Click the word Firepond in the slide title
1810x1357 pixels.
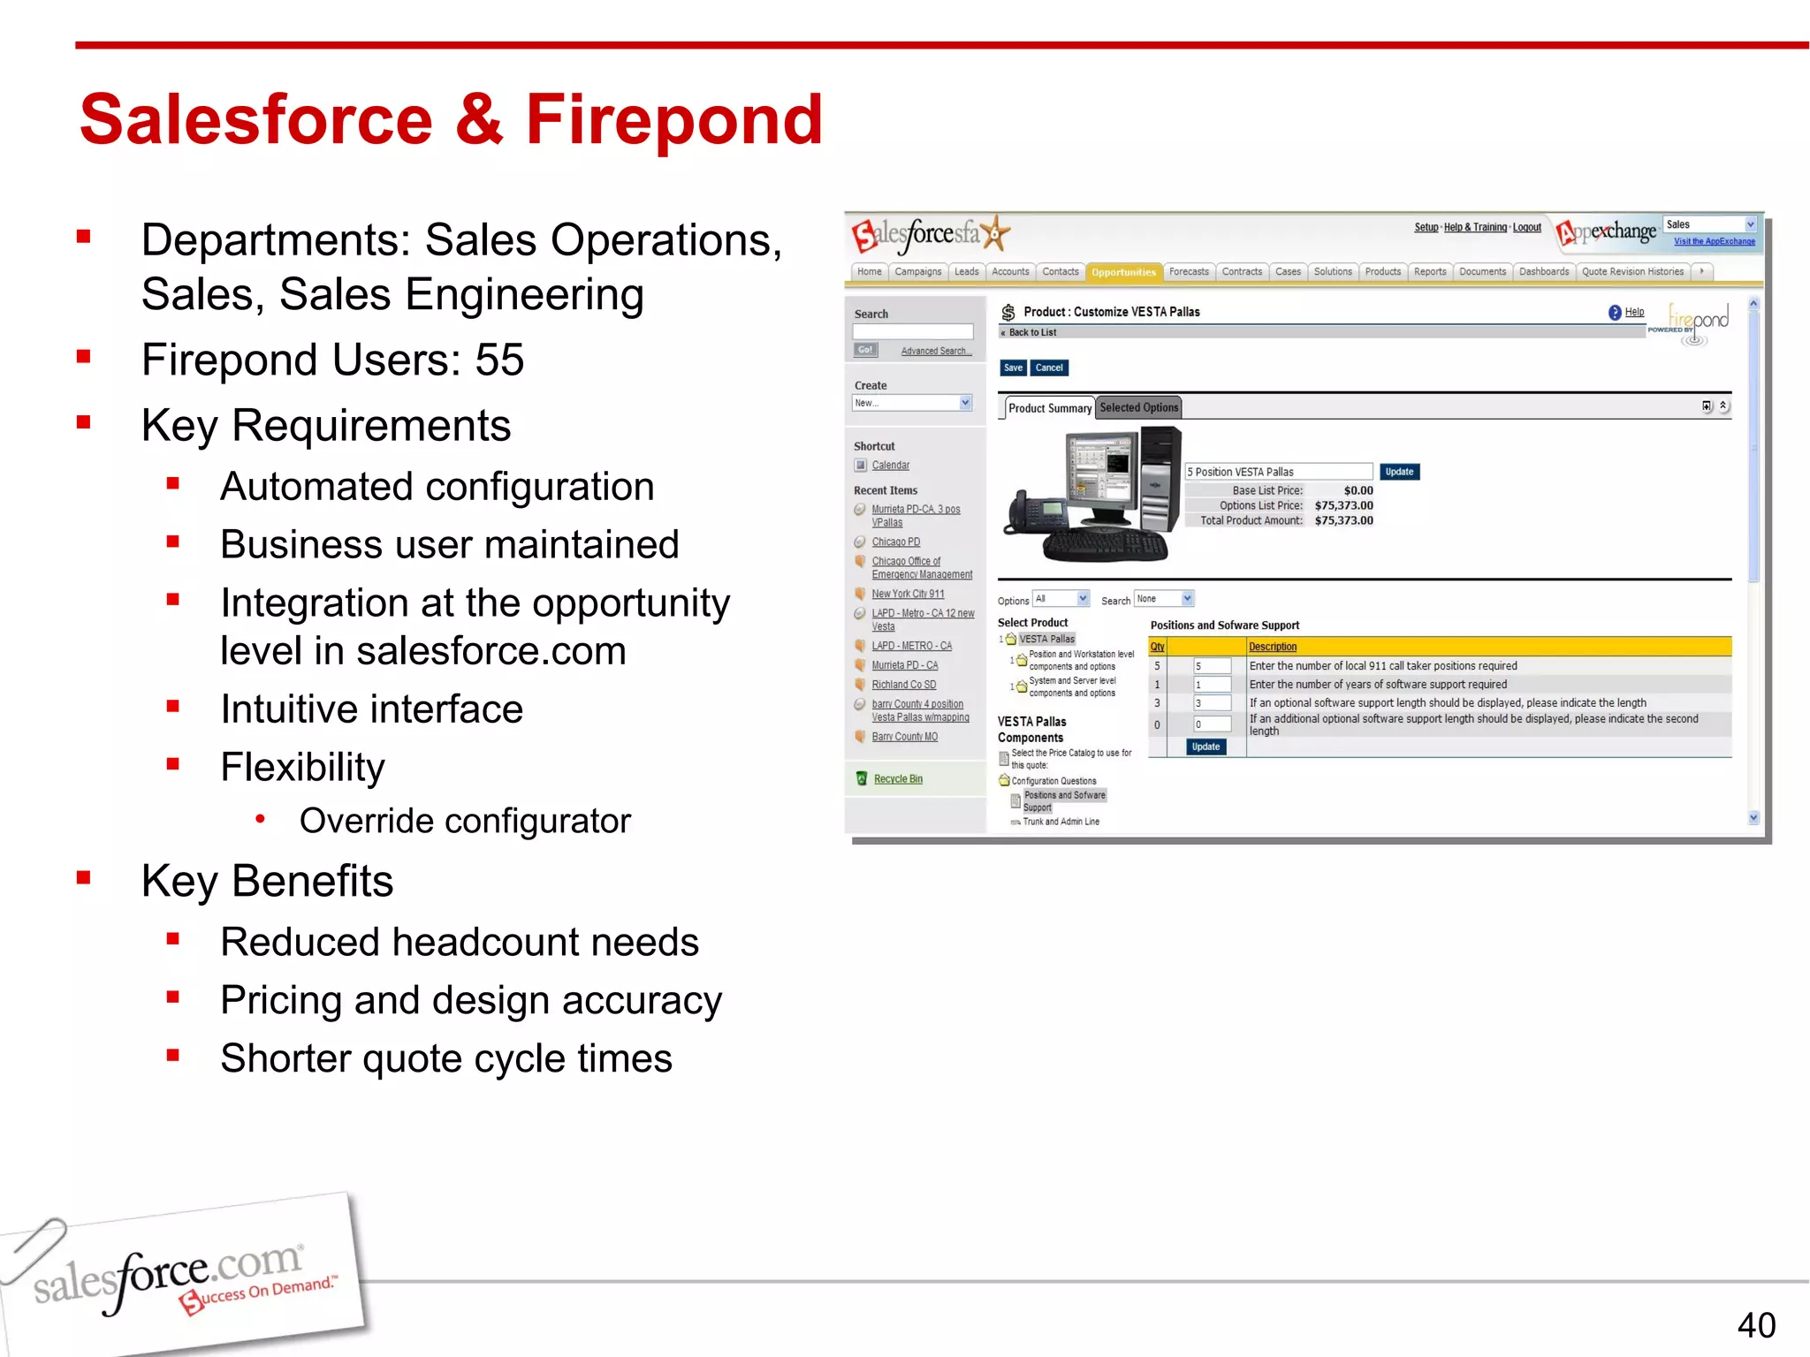[673, 120]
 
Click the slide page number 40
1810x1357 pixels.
[1755, 1325]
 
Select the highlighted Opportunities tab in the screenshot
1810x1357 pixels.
[1123, 272]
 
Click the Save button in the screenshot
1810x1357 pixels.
[1013, 368]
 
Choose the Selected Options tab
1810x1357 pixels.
[1138, 407]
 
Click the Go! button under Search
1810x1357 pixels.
[865, 350]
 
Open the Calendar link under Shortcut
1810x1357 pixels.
[890, 466]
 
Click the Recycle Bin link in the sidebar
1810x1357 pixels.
[898, 779]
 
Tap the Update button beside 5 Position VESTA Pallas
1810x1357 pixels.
[1399, 472]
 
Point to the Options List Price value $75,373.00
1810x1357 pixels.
[1343, 505]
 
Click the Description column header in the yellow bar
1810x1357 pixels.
[1273, 647]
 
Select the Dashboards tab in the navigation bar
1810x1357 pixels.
[1543, 272]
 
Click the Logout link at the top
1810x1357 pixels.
[1526, 228]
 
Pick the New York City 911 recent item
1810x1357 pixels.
[908, 595]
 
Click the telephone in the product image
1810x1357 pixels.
[1036, 512]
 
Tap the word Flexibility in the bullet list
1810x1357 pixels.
[302, 767]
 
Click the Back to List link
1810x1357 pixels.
[1031, 333]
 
